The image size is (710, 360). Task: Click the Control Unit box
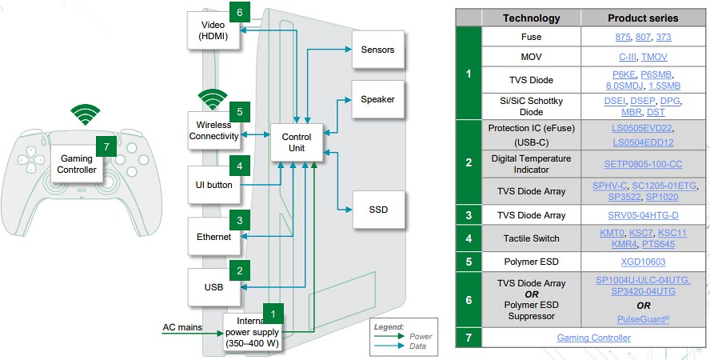pyautogui.click(x=297, y=142)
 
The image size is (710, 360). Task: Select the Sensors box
pyautogui.click(x=377, y=50)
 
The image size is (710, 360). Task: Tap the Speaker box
pyautogui.click(x=377, y=100)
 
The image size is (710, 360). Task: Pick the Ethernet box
pyautogui.click(x=213, y=237)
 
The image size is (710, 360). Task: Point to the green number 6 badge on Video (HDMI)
pyautogui.click(x=240, y=12)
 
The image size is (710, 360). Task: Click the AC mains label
pyautogui.click(x=181, y=326)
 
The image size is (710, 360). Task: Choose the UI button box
pyautogui.click(x=213, y=185)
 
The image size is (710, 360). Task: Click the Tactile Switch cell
pyautogui.click(x=531, y=238)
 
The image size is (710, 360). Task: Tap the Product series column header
pyautogui.click(x=642, y=18)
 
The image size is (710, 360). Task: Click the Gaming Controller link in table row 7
pyautogui.click(x=593, y=338)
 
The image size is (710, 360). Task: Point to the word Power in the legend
pyautogui.click(x=420, y=336)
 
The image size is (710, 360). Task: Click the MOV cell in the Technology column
pyautogui.click(x=531, y=57)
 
